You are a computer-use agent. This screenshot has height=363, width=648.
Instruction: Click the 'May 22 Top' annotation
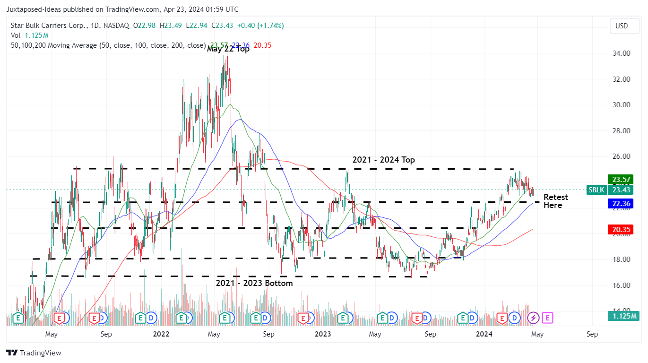point(228,49)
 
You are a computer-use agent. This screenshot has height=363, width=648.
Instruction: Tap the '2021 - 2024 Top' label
point(384,160)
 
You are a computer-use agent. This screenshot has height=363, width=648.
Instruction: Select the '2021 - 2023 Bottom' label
point(254,283)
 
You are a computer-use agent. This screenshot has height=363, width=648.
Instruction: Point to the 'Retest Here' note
point(555,201)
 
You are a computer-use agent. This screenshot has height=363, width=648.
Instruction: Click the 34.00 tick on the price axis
point(621,53)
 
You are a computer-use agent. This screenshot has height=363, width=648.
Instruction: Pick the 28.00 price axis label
point(621,130)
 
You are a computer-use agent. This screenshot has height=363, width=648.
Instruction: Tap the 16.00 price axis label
point(621,285)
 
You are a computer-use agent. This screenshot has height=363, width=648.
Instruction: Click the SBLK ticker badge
point(596,190)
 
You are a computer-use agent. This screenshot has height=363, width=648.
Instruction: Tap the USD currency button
point(622,26)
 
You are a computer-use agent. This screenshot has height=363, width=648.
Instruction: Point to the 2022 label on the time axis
point(161,334)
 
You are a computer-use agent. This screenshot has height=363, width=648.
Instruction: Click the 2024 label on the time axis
point(484,334)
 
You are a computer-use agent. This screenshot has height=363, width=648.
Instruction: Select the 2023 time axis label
point(323,334)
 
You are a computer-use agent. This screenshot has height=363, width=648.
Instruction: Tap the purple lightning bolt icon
point(533,318)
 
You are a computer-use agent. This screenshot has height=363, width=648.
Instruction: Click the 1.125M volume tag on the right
point(624,316)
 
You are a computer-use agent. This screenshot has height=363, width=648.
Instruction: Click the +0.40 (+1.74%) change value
point(260,26)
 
